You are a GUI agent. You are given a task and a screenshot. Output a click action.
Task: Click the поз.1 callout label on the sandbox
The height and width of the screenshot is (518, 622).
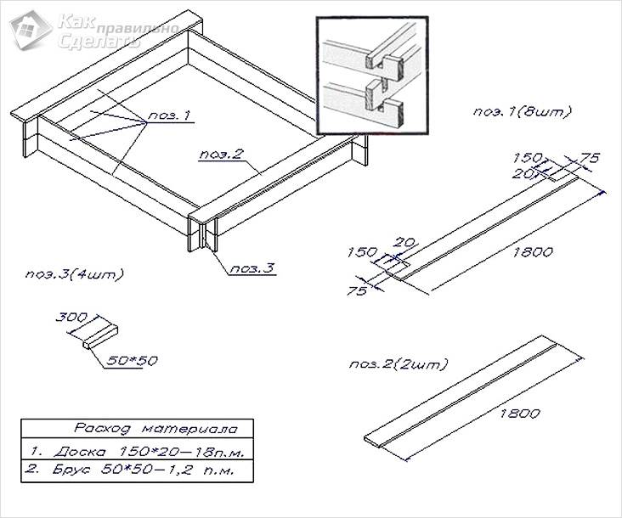tap(169, 116)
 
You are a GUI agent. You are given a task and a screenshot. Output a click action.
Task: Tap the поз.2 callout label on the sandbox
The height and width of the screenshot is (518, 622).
tap(221, 155)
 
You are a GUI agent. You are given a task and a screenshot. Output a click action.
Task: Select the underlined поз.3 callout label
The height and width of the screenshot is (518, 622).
tap(252, 268)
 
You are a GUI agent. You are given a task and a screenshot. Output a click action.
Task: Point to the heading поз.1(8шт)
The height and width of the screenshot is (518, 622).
tap(522, 111)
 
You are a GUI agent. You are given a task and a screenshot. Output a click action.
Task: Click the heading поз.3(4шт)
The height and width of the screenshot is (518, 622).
tap(75, 274)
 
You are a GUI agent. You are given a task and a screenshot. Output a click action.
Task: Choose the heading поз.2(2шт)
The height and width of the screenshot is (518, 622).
tap(399, 363)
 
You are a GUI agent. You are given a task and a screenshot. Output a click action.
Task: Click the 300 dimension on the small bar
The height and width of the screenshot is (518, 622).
tap(71, 317)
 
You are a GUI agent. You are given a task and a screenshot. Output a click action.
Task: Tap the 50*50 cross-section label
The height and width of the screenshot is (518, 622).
tap(132, 360)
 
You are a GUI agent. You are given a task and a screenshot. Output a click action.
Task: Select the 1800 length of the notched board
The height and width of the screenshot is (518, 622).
tap(532, 251)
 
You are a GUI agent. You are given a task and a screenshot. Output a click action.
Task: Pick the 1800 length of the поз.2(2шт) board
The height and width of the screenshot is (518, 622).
tap(519, 414)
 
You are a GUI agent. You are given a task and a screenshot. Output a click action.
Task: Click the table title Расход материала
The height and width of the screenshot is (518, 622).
tap(155, 429)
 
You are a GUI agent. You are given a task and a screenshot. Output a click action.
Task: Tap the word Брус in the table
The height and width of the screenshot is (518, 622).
tap(71, 470)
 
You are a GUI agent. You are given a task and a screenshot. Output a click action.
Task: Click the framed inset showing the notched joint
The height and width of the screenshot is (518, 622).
tap(372, 76)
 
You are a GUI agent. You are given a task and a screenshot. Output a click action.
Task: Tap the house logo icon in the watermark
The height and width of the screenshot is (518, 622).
tap(31, 30)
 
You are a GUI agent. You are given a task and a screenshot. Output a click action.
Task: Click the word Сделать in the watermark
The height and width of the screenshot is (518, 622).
tap(99, 41)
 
